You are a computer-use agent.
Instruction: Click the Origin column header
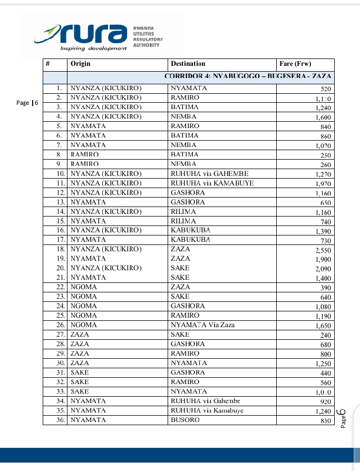(x=81, y=64)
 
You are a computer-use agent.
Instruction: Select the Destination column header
(x=188, y=64)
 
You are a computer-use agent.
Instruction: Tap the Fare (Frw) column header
(x=296, y=64)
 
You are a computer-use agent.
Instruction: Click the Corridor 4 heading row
(x=247, y=76)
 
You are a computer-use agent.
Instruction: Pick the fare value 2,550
(x=323, y=250)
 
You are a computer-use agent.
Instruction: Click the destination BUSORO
(x=185, y=420)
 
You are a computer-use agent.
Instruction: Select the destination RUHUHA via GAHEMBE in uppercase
(x=209, y=173)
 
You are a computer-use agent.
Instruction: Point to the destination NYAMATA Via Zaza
(x=203, y=325)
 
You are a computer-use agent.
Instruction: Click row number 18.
(x=60, y=249)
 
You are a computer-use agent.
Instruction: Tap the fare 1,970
(x=323, y=184)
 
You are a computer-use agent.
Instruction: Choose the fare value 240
(x=325, y=335)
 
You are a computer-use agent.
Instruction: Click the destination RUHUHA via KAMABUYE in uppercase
(x=212, y=183)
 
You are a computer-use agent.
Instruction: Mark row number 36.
(x=60, y=420)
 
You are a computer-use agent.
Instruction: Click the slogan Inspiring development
(x=93, y=48)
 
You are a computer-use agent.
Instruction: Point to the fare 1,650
(x=323, y=326)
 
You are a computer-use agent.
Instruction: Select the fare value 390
(x=325, y=288)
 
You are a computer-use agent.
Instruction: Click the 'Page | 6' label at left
(x=27, y=103)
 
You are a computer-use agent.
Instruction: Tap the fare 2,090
(x=323, y=269)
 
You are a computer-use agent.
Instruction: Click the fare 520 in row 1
(x=325, y=89)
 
